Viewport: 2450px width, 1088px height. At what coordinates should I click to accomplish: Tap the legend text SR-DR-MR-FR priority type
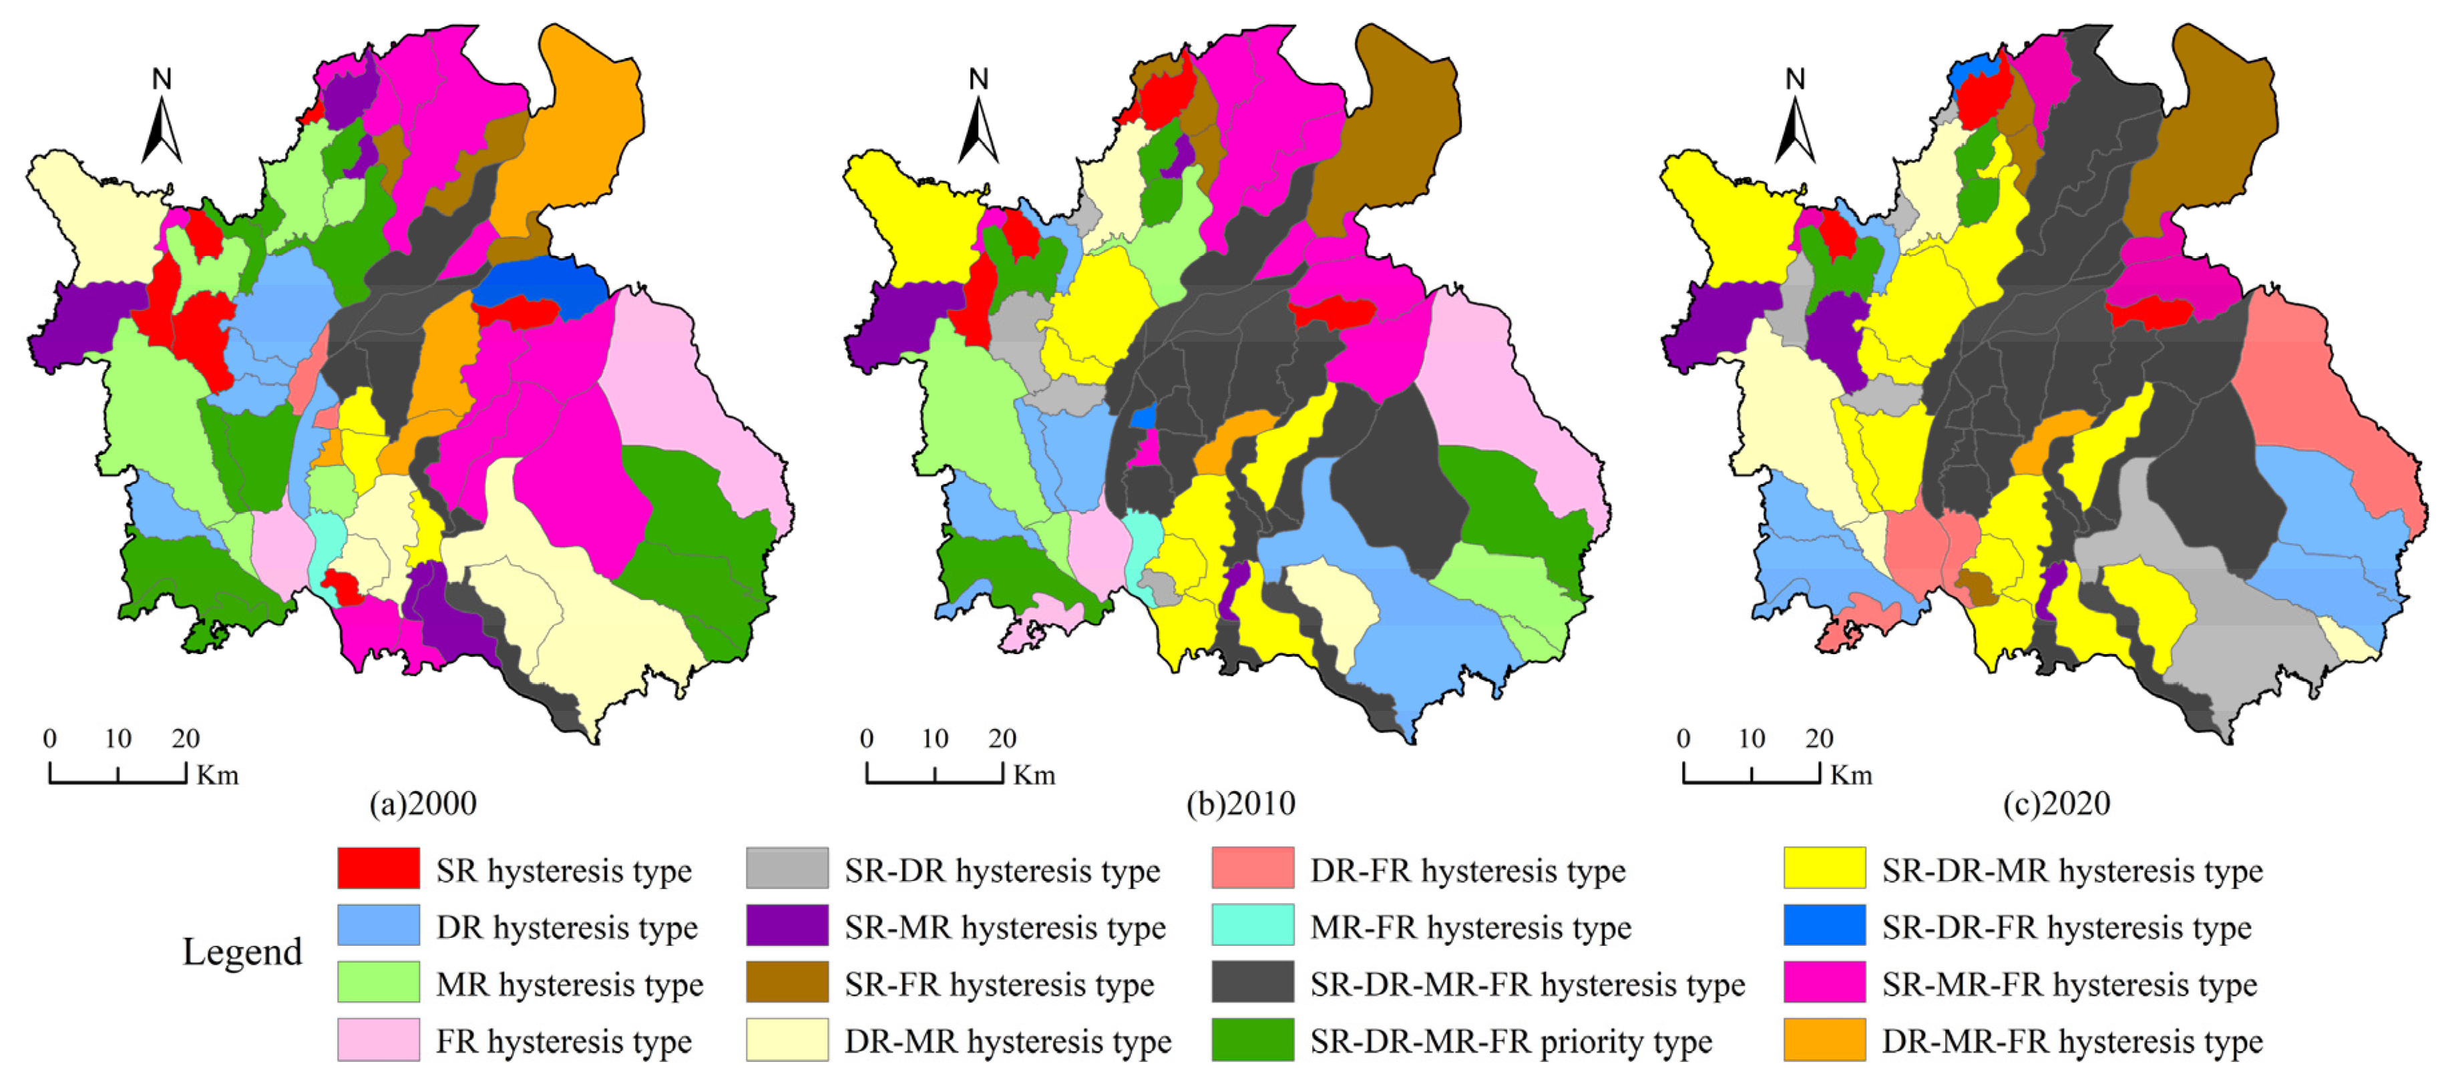click(x=1510, y=1041)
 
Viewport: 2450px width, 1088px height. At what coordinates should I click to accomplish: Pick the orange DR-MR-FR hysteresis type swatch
click(x=1823, y=1039)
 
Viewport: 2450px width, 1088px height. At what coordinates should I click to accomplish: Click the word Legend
click(x=242, y=952)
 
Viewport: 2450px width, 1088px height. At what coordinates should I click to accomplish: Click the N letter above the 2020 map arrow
click(x=1795, y=79)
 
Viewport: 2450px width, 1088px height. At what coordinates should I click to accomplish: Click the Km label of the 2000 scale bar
click(x=217, y=775)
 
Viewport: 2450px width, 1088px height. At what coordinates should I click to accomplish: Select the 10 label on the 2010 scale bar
click(x=934, y=739)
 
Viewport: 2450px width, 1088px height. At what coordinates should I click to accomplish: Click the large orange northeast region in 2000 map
click(x=580, y=123)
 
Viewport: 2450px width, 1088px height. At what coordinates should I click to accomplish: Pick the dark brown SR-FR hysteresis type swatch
click(x=787, y=983)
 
